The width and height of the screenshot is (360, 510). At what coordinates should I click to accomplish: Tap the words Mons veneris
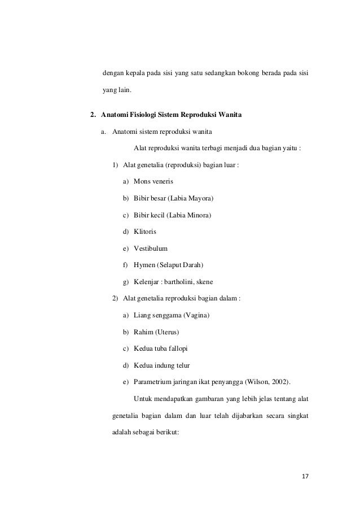click(x=153, y=182)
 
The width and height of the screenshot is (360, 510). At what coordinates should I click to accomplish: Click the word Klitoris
click(x=146, y=231)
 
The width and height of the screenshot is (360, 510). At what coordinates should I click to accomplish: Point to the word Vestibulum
click(x=151, y=248)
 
